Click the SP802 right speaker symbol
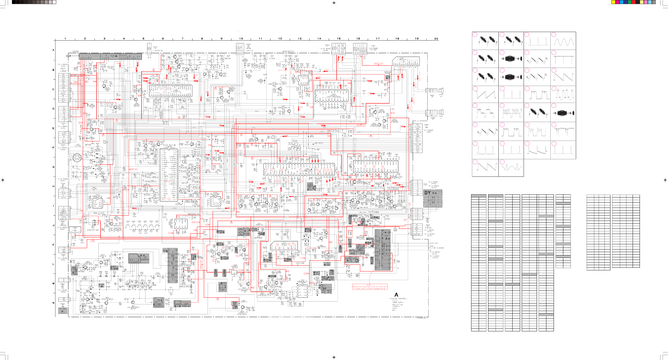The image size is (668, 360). coord(441,91)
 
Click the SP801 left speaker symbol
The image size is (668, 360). coord(441,112)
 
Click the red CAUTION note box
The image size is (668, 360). coord(370,287)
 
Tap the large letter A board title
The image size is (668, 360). coord(396,295)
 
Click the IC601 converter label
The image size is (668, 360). coord(144,258)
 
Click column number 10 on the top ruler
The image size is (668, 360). coord(241,39)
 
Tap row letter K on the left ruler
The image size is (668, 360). coord(53,245)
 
